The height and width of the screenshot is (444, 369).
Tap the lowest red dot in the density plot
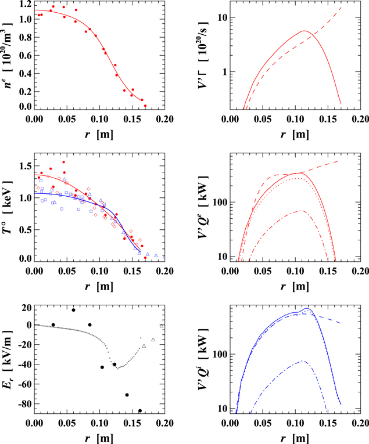[x=145, y=106]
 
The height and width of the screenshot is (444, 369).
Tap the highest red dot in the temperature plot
[x=64, y=163]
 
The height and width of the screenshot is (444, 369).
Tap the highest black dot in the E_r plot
[x=73, y=310]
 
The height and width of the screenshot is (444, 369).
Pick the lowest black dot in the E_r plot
[x=140, y=410]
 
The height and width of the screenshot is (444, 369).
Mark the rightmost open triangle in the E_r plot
[x=162, y=326]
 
